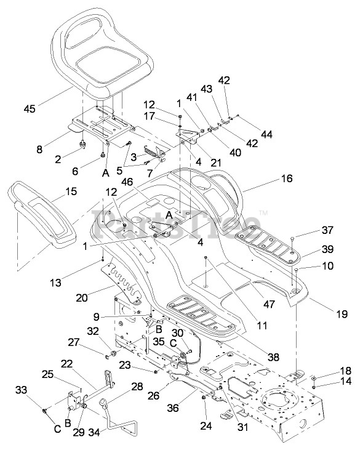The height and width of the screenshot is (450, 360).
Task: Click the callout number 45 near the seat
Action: pos(30,109)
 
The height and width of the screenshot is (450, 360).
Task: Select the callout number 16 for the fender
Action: pos(287,179)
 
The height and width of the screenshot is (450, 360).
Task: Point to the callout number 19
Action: pos(342,314)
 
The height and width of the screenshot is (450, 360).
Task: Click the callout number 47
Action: pos(269,304)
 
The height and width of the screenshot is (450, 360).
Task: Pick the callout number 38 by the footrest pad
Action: pos(273,356)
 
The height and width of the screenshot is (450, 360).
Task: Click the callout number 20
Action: pos(82,297)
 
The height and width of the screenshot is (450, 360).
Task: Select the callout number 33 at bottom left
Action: pos(21,390)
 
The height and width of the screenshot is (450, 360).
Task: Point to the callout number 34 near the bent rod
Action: pos(94,432)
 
